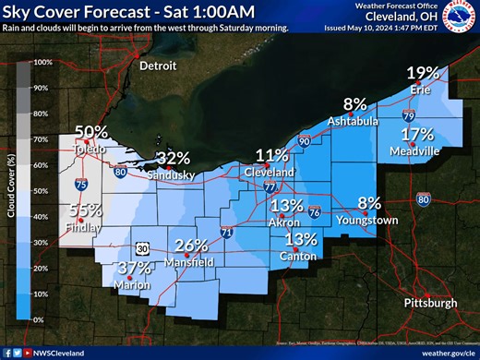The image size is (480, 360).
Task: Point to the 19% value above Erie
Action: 425,74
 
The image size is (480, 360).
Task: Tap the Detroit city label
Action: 156,67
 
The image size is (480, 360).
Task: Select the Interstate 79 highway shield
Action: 409,116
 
